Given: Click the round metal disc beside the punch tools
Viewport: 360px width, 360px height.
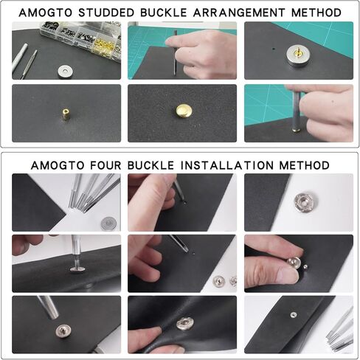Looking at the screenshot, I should coord(66,72).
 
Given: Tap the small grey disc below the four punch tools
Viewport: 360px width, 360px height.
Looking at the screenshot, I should coord(108,222).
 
